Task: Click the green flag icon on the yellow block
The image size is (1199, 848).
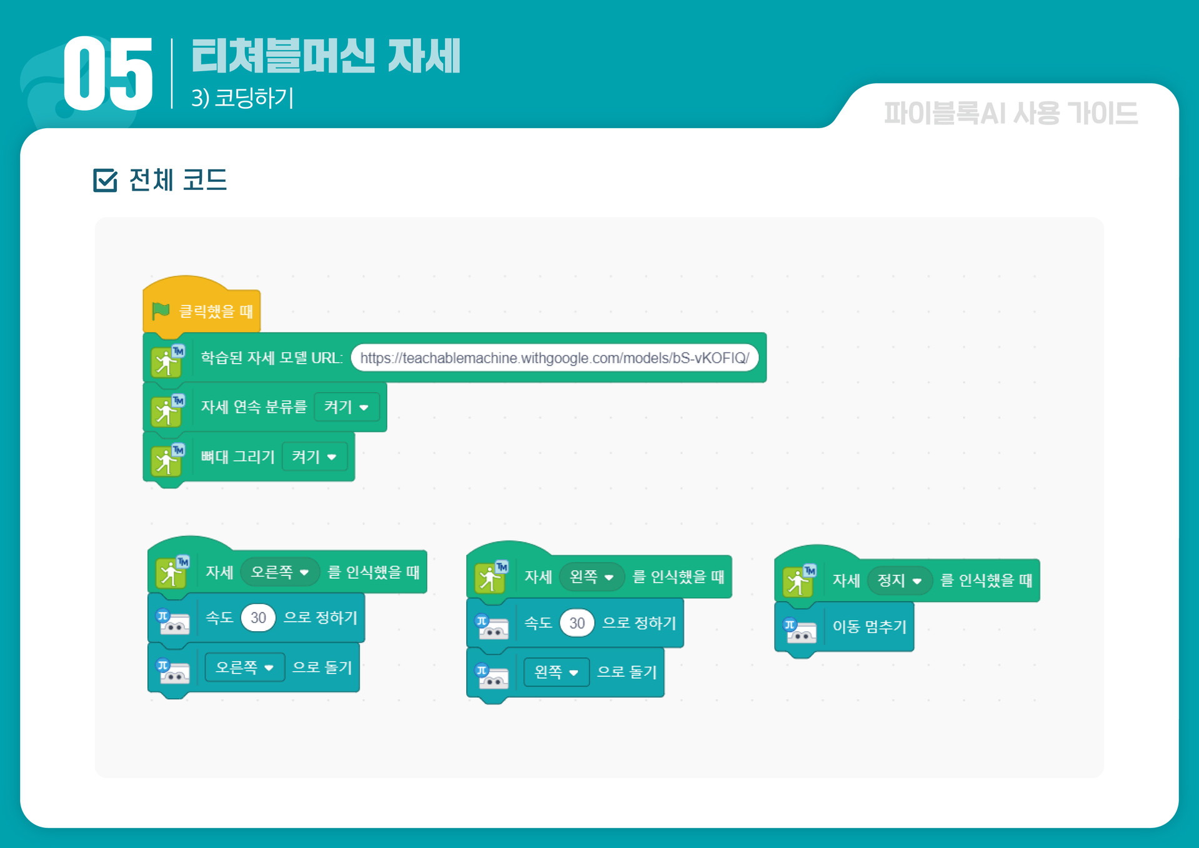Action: [x=161, y=310]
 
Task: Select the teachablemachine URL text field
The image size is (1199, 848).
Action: [x=554, y=358]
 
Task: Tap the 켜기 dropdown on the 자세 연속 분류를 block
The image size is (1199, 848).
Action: [x=346, y=407]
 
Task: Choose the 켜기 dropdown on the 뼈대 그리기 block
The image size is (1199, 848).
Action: [x=314, y=457]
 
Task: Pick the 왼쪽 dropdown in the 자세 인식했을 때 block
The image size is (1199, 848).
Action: [x=591, y=576]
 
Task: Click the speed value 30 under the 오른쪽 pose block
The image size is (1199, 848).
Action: [x=258, y=618]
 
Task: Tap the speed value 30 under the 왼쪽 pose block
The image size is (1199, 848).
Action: [x=577, y=623]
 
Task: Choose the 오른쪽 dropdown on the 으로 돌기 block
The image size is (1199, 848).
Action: [x=244, y=667]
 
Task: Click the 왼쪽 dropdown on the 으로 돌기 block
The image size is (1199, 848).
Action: [x=556, y=672]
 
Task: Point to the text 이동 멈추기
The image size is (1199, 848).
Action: [x=869, y=627]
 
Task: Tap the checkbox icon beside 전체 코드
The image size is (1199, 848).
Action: [x=105, y=181]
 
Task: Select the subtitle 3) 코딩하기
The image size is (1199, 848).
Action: [x=242, y=98]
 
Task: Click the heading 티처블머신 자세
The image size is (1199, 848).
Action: [x=326, y=56]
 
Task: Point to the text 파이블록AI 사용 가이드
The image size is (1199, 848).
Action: [x=1010, y=114]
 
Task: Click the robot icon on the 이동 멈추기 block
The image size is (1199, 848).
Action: [x=800, y=631]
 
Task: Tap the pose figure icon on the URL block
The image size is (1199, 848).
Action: [x=167, y=361]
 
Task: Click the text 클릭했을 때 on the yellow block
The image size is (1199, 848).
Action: [x=216, y=311]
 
